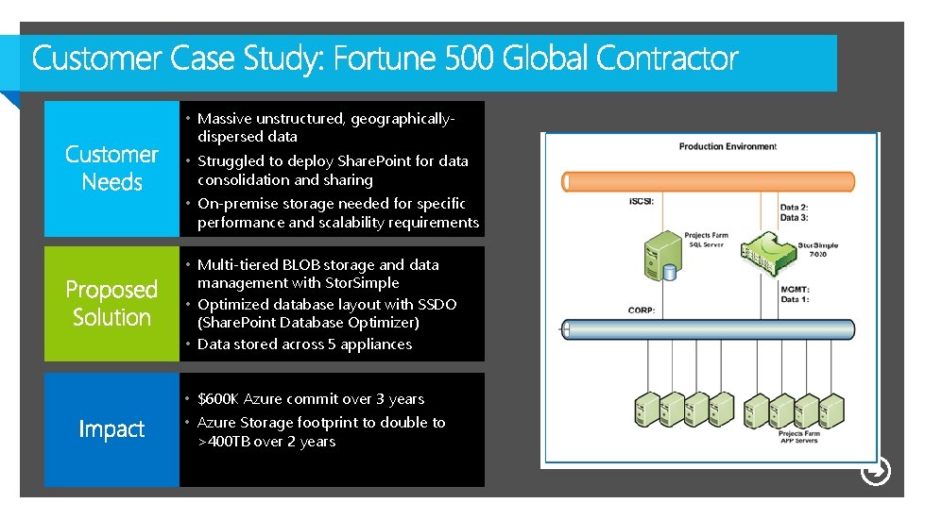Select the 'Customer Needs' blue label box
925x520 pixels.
point(111,168)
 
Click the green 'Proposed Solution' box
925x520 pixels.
point(111,303)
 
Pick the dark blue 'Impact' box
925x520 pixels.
point(111,429)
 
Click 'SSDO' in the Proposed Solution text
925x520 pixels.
point(437,305)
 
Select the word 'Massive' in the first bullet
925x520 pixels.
point(224,119)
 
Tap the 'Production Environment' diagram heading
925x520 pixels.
point(727,146)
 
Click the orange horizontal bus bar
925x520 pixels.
point(709,181)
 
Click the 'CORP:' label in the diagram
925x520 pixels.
point(642,310)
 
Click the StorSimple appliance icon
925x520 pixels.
point(764,251)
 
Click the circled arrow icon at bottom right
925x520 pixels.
point(876,471)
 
